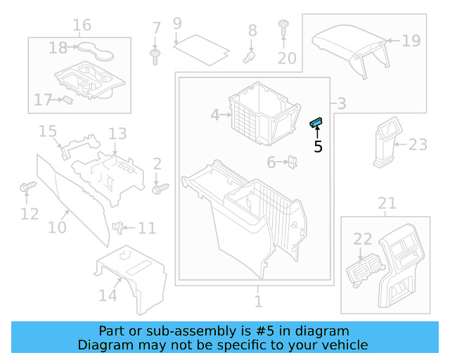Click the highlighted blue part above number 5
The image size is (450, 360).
click(316, 123)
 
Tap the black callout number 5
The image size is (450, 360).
click(318, 147)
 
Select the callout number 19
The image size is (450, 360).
click(411, 41)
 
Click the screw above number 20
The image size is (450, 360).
click(283, 27)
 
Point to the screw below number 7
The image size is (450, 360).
click(155, 57)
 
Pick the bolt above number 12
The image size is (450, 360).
click(28, 186)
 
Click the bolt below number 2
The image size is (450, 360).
click(160, 188)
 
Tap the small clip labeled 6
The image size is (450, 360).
click(292, 162)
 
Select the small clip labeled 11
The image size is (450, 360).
click(117, 228)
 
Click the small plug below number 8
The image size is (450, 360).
click(248, 57)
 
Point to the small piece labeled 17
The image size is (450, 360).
click(67, 100)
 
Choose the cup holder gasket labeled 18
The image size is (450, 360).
click(96, 51)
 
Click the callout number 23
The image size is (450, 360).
click(418, 144)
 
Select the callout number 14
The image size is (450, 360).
click(108, 295)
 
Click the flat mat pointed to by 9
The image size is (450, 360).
click(202, 50)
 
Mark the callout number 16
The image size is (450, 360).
click(82, 25)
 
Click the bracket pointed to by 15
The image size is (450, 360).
click(79, 146)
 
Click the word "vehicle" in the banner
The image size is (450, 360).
click(347, 345)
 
